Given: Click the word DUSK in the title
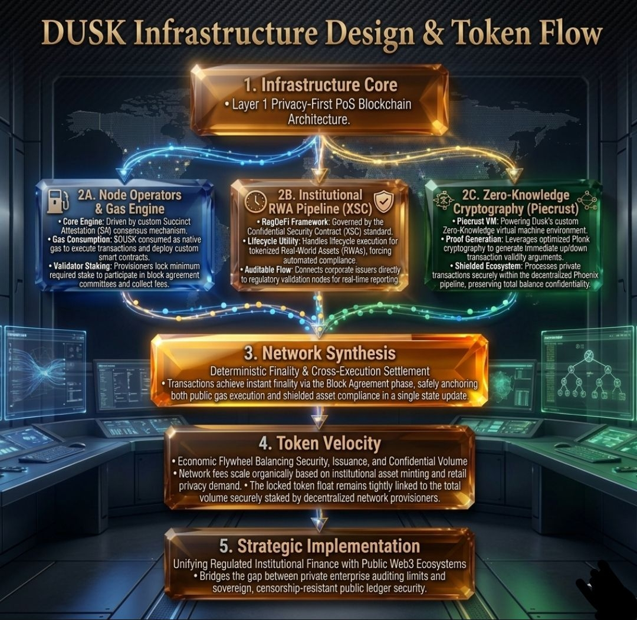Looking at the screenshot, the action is pyautogui.click(x=84, y=33).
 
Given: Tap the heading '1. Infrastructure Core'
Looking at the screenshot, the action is pyautogui.click(x=320, y=85).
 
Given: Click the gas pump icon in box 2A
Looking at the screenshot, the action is pyautogui.click(x=58, y=201).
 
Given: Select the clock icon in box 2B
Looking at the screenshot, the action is pyautogui.click(x=255, y=201).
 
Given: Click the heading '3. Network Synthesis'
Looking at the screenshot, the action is pyautogui.click(x=320, y=353).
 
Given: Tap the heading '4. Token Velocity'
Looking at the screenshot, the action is pyautogui.click(x=320, y=443).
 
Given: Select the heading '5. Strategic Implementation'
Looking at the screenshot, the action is pyautogui.click(x=320, y=546).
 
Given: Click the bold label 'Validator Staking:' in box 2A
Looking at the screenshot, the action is pyautogui.click(x=83, y=267).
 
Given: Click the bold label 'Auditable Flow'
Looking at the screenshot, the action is pyautogui.click(x=268, y=270).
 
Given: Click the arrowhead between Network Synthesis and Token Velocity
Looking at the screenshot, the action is pyautogui.click(x=319, y=421).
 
